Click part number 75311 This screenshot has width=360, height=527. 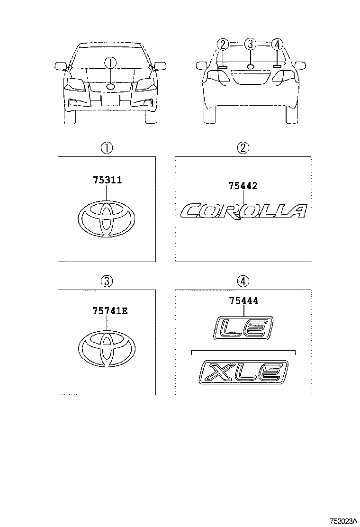click(x=108, y=180)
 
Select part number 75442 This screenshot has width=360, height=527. click(x=243, y=185)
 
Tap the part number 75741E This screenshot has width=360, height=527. click(x=110, y=311)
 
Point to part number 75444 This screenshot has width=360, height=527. click(x=244, y=300)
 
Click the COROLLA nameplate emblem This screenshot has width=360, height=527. click(x=243, y=211)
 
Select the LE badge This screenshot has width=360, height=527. click(x=243, y=327)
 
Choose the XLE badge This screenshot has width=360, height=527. click(x=243, y=372)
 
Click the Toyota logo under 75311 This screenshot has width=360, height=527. click(x=107, y=218)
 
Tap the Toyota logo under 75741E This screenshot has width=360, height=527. click(x=107, y=350)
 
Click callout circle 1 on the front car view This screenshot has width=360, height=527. click(x=111, y=62)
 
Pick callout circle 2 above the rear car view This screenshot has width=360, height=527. click(x=223, y=44)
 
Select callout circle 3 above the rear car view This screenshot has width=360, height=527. click(x=250, y=44)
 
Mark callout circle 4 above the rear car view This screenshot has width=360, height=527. click(x=277, y=44)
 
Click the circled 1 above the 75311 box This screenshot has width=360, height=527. click(x=107, y=148)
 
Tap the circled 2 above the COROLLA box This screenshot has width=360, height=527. click(x=243, y=148)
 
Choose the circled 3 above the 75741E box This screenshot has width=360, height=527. click(x=107, y=281)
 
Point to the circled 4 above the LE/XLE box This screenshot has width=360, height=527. click(x=243, y=281)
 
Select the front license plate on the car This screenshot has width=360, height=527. click(x=110, y=100)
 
